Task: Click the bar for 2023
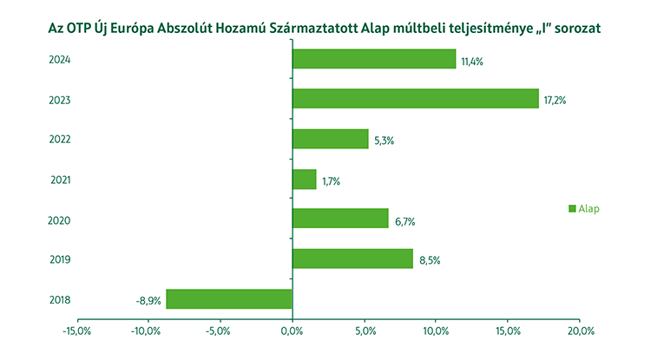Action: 415,99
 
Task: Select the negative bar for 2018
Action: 229,298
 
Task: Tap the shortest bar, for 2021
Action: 304,180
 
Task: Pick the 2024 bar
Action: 373,59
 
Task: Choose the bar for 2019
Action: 352,259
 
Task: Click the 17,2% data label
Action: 556,100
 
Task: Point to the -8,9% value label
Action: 148,299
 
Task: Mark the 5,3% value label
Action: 383,140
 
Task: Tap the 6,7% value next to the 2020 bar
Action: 404,220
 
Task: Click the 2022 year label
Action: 60,140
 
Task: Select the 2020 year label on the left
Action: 60,220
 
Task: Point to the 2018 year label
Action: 60,300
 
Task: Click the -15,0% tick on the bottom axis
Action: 77,331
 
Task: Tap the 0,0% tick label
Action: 293,331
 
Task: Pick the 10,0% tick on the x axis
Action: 436,331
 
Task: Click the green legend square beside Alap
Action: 572,208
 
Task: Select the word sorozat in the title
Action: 575,29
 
